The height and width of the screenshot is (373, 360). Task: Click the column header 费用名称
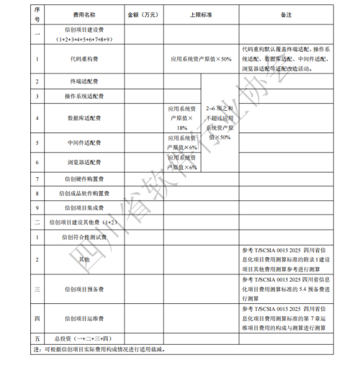[84, 14]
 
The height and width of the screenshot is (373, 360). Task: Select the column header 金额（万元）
[143, 14]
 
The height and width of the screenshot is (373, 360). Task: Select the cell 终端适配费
[84, 82]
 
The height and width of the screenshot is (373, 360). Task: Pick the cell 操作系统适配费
[84, 96]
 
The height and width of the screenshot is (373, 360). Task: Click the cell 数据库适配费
[84, 117]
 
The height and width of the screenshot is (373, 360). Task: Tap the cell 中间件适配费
[84, 143]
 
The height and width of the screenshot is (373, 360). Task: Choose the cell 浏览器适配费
[84, 163]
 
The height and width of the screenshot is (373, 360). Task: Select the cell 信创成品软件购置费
[84, 193]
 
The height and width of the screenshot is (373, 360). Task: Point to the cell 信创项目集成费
[84, 207]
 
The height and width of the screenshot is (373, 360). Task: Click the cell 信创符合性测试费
[84, 236]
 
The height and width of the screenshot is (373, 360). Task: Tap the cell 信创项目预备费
[84, 289]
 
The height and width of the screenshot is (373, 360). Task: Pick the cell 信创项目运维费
[84, 318]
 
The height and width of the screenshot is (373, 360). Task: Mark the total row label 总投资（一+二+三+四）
[84, 338]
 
